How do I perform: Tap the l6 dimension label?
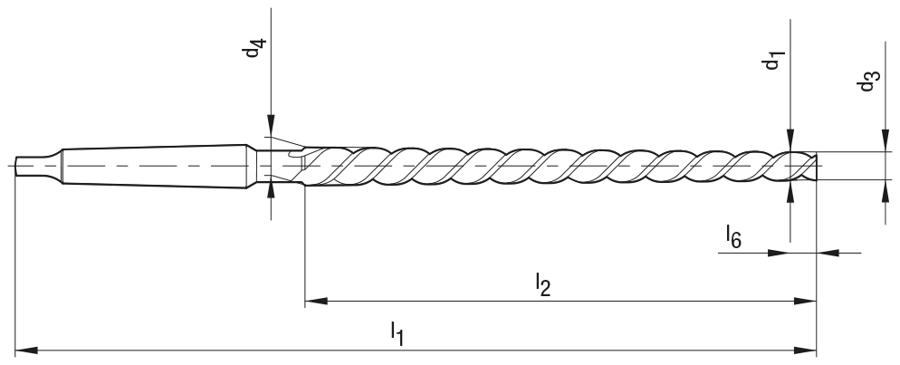tap(733, 237)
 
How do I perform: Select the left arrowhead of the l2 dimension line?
tap(315, 300)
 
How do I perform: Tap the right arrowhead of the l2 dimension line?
tap(806, 300)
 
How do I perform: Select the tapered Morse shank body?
tap(154, 165)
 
